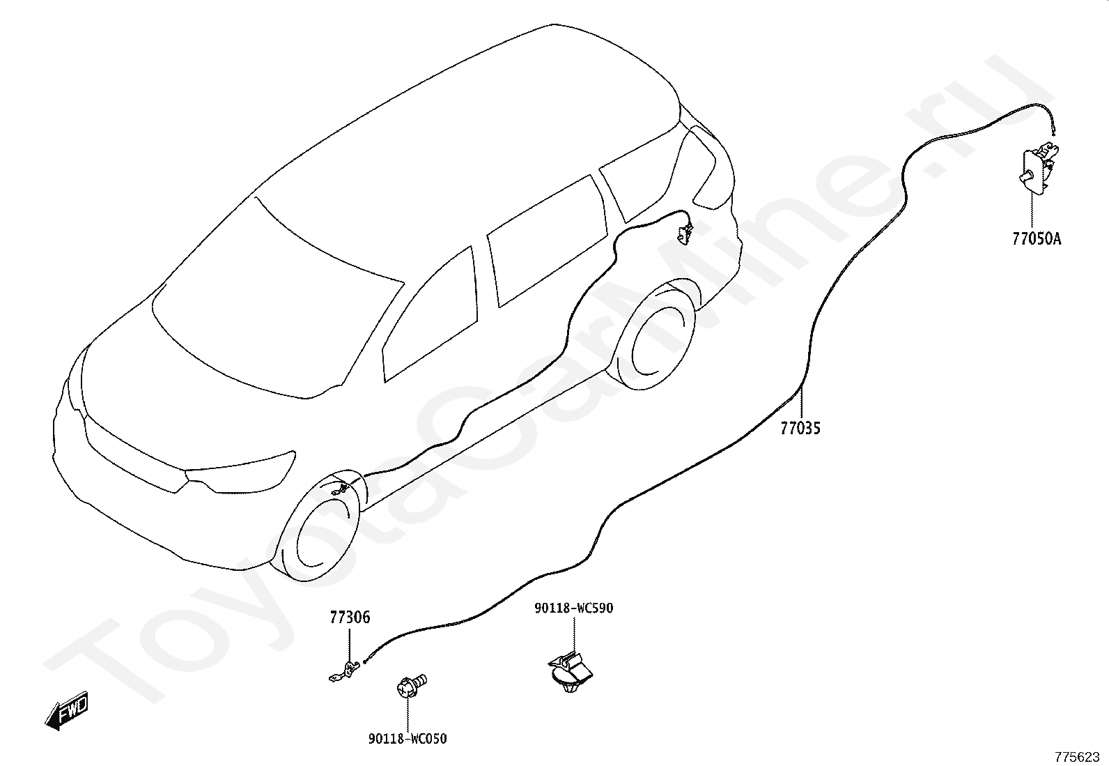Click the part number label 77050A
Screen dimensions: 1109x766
1037,239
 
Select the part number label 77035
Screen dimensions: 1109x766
800,428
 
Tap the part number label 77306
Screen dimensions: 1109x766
350,618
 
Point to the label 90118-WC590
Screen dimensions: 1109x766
573,608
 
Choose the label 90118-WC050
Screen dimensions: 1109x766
408,739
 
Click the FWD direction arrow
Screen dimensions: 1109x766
67,712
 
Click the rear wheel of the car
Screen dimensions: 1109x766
655,335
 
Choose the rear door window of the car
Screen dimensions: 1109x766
543,240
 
